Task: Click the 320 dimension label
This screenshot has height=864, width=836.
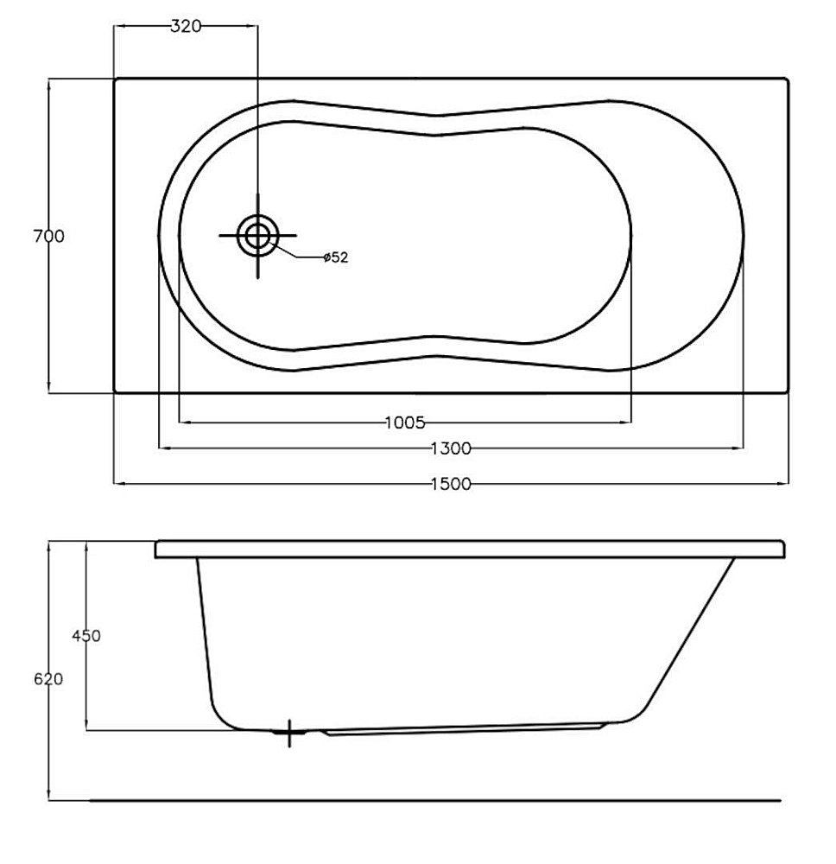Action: [x=186, y=27]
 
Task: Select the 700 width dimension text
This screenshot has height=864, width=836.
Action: [x=48, y=236]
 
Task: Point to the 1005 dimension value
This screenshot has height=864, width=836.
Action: [x=404, y=422]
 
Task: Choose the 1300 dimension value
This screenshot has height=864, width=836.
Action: [x=450, y=448]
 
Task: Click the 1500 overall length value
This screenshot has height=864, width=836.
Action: [x=450, y=484]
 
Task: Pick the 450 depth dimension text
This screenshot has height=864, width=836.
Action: [x=86, y=636]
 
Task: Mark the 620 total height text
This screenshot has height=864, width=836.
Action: [x=48, y=679]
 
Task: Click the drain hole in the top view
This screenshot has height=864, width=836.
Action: [x=257, y=235]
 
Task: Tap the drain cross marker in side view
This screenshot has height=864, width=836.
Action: [x=289, y=734]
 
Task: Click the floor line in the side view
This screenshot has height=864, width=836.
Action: [x=432, y=800]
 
